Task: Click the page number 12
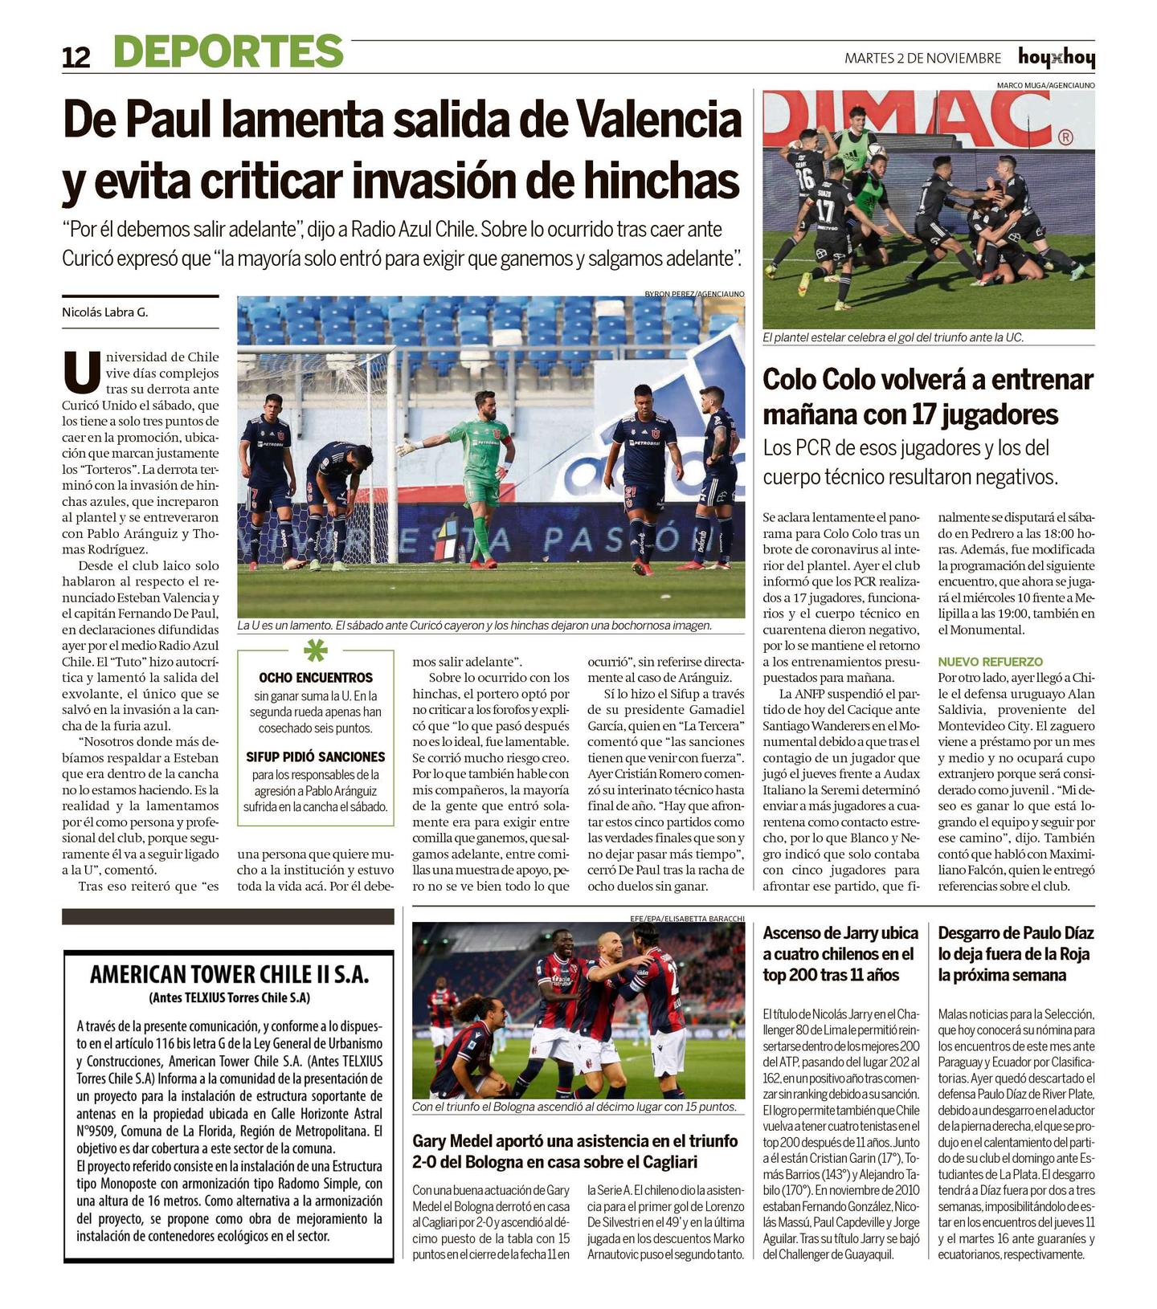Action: tap(76, 58)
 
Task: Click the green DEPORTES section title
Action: tap(228, 51)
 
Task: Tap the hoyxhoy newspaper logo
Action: tap(1056, 58)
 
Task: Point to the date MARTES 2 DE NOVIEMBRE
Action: tap(922, 58)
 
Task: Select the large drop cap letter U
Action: tap(81, 371)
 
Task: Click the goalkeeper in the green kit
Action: tap(480, 474)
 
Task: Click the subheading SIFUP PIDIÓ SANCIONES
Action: tap(315, 756)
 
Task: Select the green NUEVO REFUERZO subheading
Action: tap(990, 662)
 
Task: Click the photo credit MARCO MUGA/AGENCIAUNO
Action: tap(1045, 85)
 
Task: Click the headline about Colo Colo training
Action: tap(927, 397)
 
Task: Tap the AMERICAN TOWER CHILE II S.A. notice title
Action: tap(229, 974)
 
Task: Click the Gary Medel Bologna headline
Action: tap(574, 1151)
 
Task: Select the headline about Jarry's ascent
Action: tap(840, 954)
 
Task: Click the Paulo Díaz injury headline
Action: tap(1016, 954)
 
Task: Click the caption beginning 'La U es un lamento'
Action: tap(474, 625)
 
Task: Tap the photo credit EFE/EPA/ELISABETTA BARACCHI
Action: tap(687, 918)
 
